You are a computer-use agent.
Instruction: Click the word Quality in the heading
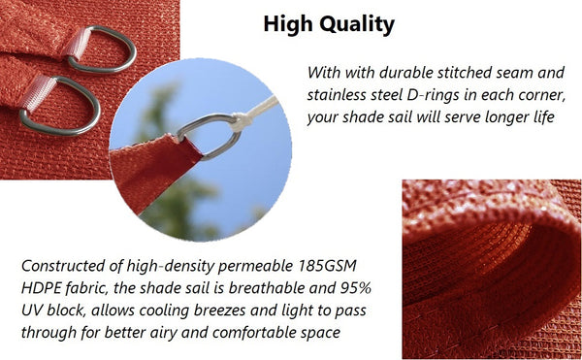(354, 24)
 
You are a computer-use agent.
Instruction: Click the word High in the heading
(288, 24)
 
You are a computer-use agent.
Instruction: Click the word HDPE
(42, 288)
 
